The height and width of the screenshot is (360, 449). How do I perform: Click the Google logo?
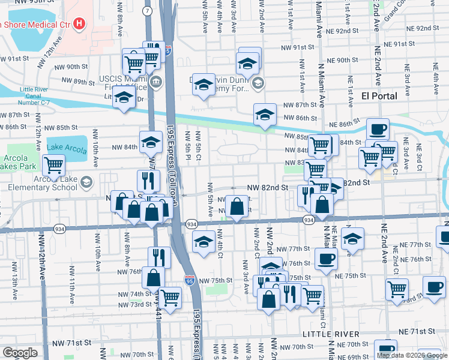(20, 353)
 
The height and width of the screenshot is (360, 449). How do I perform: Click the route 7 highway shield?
(148, 11)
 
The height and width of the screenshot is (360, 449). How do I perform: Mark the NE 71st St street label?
(418, 331)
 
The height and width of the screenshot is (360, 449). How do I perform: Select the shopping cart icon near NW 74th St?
(170, 296)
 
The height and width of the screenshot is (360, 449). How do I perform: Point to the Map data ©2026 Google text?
(412, 355)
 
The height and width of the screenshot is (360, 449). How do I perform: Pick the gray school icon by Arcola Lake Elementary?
(87, 182)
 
